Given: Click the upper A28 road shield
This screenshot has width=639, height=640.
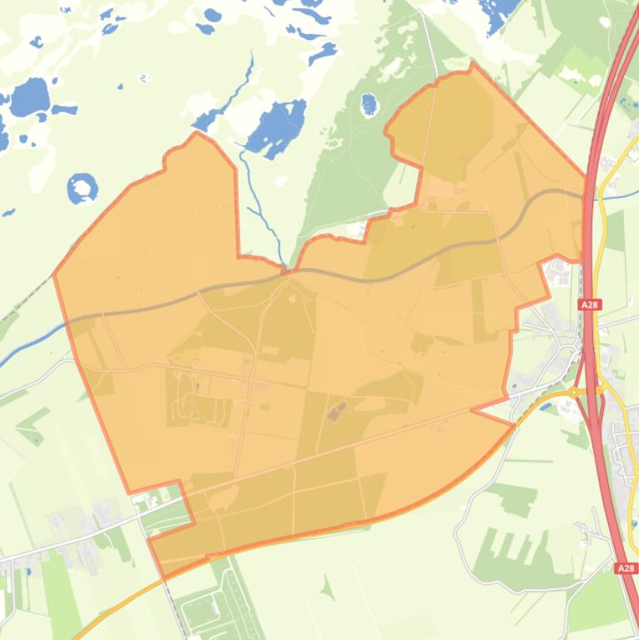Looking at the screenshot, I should click(589, 305).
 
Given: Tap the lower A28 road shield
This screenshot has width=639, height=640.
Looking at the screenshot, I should click(627, 569).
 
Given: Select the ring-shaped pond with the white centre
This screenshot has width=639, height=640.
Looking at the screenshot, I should click(82, 189).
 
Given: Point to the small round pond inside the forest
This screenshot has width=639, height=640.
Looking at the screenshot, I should click(369, 104).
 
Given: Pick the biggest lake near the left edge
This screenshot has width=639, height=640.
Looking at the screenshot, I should click(29, 99).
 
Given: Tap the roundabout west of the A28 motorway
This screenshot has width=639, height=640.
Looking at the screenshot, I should click(573, 391).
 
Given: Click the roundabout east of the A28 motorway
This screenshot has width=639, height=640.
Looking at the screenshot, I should click(601, 389).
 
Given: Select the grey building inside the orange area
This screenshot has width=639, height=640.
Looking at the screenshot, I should click(337, 410).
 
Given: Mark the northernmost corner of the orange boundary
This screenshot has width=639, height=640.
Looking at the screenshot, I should click(473, 63).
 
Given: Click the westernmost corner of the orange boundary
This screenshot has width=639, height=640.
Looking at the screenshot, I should click(55, 273).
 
